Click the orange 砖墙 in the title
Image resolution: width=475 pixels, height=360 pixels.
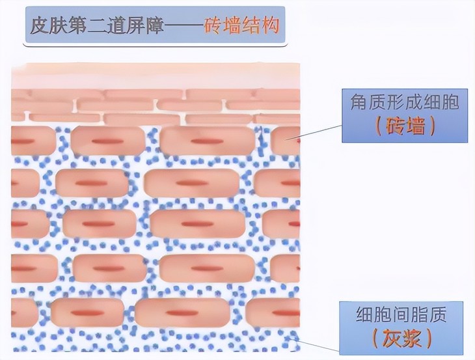tap(224, 27)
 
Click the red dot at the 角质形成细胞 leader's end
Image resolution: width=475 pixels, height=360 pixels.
tap(299, 140)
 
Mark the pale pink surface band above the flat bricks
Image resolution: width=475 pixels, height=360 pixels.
tap(156, 77)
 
